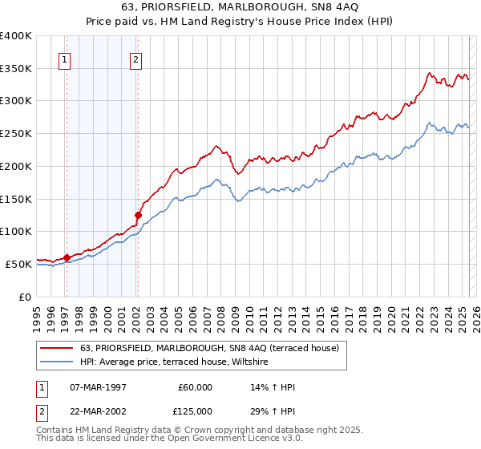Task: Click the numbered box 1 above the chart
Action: pos(64,59)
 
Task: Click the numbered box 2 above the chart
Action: pos(136,59)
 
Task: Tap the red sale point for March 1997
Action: pos(67,257)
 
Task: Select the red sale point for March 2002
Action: pos(138,215)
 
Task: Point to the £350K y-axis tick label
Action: pos(16,69)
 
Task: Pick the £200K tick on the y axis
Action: pos(16,166)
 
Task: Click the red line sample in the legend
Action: pos(58,348)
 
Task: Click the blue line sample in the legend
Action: pos(58,362)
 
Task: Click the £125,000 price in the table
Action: pos(194,411)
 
